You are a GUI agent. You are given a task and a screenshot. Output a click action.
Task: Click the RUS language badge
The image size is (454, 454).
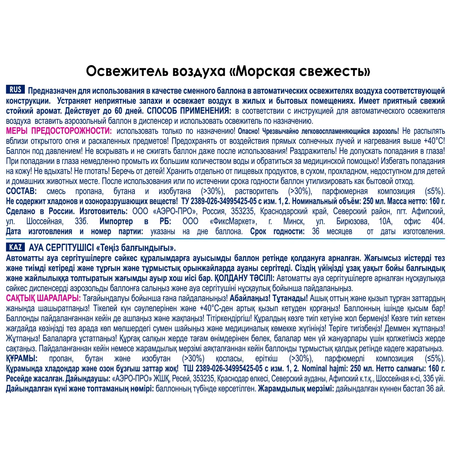point(15,90)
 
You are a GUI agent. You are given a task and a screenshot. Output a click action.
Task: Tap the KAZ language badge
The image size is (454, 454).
point(15,247)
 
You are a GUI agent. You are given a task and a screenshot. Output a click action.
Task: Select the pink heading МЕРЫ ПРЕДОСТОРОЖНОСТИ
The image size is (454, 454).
point(59,131)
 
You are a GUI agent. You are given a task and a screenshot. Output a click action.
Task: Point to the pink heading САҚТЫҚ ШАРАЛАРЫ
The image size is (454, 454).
point(43,298)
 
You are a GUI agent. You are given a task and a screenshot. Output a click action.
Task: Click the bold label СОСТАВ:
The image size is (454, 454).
point(21,191)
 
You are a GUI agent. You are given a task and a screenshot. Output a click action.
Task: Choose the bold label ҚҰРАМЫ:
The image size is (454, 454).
point(22,359)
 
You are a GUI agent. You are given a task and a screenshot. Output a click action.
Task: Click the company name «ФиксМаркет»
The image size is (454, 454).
point(233,222)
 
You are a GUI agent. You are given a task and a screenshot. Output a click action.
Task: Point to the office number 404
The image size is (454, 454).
point(438,222)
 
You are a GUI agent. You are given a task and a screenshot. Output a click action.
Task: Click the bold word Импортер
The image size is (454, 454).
point(116,222)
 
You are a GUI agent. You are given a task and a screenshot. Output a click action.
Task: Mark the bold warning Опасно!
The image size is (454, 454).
point(248,131)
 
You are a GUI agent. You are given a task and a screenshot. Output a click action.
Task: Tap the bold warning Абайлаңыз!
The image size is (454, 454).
point(250,298)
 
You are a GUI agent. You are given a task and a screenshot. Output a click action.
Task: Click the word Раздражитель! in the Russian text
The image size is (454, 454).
point(313,151)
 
